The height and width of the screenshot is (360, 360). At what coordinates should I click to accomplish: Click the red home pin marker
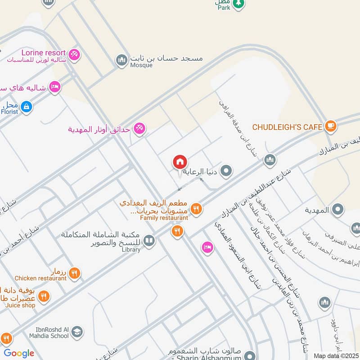tap(180, 162)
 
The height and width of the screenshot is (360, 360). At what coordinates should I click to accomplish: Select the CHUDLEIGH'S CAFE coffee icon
tap(331, 126)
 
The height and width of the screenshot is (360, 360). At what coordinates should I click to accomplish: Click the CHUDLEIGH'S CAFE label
tap(287, 127)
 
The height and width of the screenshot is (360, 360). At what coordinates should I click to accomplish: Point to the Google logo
tap(19, 353)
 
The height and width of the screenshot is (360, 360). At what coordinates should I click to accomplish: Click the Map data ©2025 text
tap(335, 355)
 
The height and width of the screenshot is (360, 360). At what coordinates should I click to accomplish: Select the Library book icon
tap(149, 241)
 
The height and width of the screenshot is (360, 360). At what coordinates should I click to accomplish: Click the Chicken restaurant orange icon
tap(75, 273)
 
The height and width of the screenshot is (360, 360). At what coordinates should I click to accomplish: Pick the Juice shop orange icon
tap(43, 296)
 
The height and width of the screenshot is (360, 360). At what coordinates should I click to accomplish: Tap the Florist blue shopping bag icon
tap(27, 107)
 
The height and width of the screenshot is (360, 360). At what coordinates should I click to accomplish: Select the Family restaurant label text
tap(164, 218)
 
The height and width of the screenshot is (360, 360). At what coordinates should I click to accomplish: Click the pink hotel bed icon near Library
tap(207, 247)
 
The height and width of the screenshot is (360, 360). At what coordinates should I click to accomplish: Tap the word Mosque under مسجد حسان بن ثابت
tap(142, 65)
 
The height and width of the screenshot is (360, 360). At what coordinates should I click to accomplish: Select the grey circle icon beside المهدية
tap(338, 210)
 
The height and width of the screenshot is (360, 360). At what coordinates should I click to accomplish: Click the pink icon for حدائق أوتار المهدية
tap(139, 129)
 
